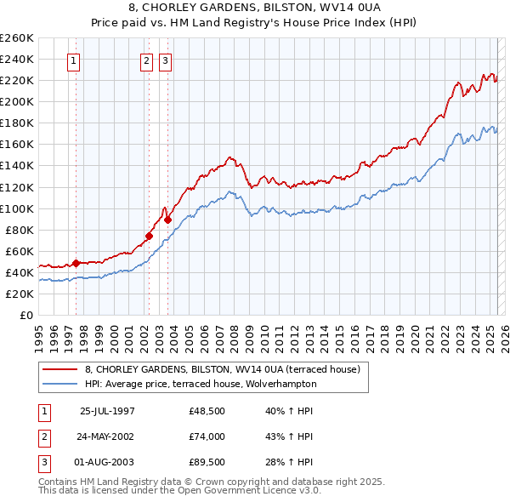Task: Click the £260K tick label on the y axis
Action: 17,38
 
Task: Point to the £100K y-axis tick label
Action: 17,208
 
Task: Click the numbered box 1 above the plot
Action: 75,60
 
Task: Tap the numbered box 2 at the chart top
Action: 146,60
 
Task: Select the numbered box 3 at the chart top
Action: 164,60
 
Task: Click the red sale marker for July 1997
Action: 76,263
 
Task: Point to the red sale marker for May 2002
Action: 149,236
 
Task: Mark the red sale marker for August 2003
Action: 167,220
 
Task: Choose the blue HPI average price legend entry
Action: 200,384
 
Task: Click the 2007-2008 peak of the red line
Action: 230,157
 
